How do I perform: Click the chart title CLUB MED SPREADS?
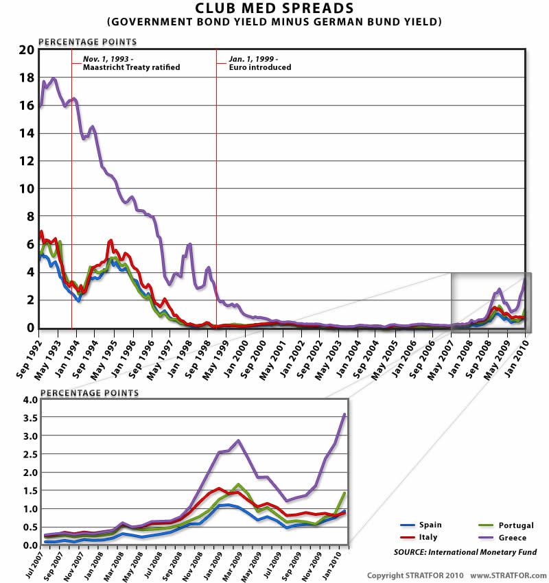pos(274,9)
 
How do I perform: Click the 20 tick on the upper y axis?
pos(25,50)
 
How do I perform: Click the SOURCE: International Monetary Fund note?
pos(465,552)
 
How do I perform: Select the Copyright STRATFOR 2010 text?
pos(415,575)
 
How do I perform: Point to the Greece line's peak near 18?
pos(54,79)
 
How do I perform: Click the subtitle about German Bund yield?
pos(274,22)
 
